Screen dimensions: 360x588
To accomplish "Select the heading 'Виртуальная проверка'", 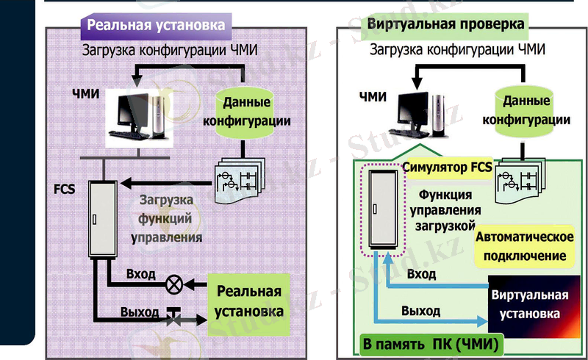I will (446, 24).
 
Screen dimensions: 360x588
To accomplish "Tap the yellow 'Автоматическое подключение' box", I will (524, 247).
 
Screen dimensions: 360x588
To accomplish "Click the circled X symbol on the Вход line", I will (174, 283).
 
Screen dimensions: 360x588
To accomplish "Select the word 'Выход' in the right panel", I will (421, 312).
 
